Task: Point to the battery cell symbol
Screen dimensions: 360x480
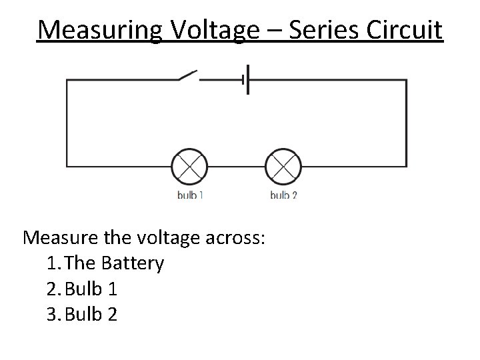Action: (x=247, y=79)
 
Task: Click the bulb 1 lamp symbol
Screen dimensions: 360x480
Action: (x=190, y=166)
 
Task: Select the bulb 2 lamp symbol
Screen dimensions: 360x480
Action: (x=283, y=166)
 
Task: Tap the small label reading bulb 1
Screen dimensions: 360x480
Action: (x=190, y=195)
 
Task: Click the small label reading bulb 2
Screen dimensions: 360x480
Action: (x=283, y=195)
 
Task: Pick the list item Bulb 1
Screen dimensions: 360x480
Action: (x=93, y=289)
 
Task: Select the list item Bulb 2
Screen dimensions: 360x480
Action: (x=93, y=313)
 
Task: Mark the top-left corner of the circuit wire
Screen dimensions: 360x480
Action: (x=67, y=80)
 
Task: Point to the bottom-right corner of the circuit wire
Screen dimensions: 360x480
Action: (x=407, y=166)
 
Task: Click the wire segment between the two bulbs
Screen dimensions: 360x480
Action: (x=237, y=166)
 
